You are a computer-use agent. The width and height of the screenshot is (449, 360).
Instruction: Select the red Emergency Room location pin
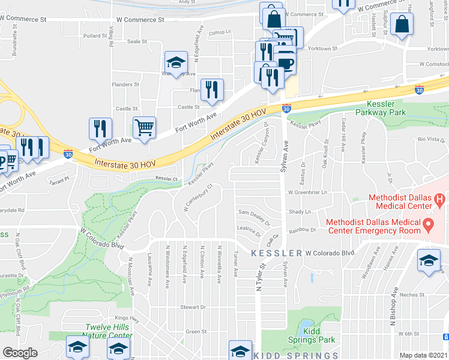click(x=429, y=226)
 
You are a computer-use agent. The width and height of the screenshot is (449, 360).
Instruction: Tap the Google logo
click(x=20, y=353)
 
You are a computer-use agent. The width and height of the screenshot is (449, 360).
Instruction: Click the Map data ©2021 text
click(x=423, y=355)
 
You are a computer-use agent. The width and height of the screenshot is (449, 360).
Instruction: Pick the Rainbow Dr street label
click(x=303, y=230)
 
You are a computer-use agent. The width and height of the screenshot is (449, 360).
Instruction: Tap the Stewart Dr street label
click(x=193, y=307)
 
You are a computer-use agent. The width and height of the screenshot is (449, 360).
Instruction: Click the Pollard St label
click(x=94, y=36)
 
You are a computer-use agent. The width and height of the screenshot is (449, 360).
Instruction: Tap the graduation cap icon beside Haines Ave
click(x=428, y=262)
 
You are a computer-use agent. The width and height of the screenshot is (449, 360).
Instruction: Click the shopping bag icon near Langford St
click(x=401, y=25)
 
